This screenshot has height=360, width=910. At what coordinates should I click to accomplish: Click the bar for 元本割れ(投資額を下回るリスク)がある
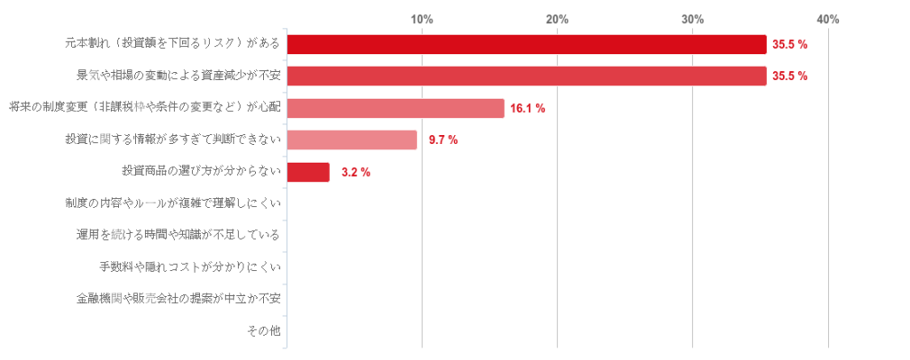tap(526, 44)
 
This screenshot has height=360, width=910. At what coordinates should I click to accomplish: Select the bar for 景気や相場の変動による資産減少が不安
tap(526, 76)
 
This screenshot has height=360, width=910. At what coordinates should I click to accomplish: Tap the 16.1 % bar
tap(395, 108)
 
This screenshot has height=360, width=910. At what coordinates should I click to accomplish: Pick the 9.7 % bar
tap(352, 140)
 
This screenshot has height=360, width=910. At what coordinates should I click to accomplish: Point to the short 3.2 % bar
tap(307, 172)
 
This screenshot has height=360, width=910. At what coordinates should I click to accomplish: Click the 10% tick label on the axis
tap(421, 20)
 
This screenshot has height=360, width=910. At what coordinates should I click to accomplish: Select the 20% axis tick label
tap(557, 20)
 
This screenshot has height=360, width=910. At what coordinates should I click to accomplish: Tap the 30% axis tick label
tap(692, 20)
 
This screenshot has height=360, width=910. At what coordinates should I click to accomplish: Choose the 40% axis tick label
tap(827, 20)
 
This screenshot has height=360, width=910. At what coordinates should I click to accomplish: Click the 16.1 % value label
tap(527, 108)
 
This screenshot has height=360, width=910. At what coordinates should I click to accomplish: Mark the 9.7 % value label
tap(443, 140)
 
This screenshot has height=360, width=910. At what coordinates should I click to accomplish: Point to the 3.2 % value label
tap(355, 172)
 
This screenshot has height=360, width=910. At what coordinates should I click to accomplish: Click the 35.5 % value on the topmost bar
tap(789, 44)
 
